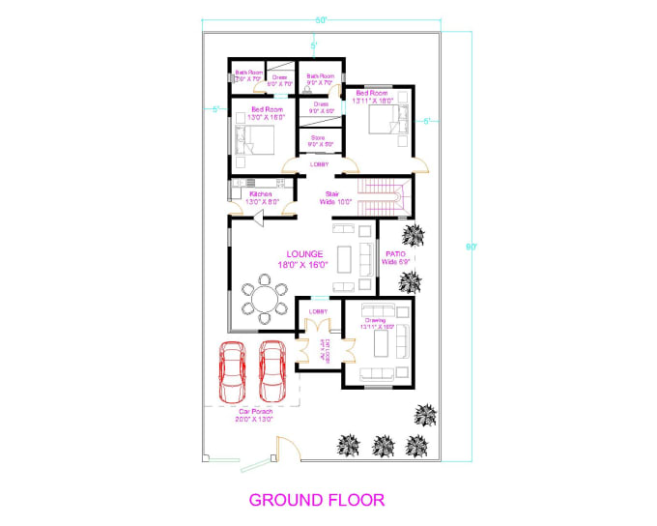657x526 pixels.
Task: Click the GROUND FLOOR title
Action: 317,500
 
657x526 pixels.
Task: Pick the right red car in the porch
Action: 272,370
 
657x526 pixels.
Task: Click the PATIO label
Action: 396,258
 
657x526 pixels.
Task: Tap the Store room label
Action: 318,141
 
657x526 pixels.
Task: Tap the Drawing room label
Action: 375,323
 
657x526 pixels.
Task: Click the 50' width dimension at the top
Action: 320,19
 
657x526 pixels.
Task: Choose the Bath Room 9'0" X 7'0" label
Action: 320,79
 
